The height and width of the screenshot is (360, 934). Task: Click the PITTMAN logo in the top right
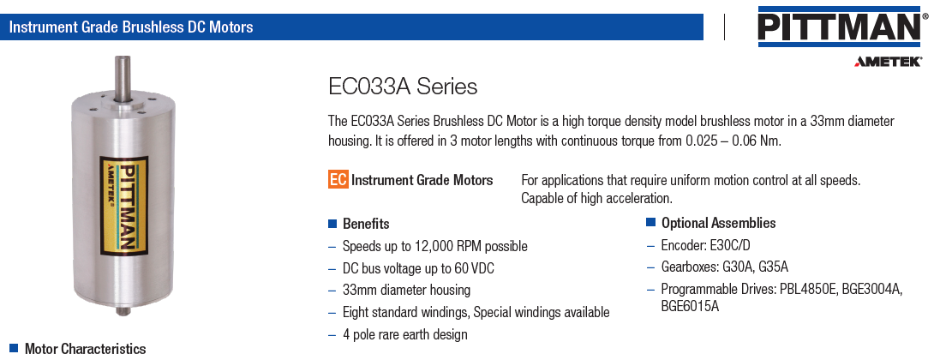(x=843, y=27)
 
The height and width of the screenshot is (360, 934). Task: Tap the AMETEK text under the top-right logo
(x=889, y=62)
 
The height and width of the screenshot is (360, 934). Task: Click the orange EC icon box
(x=338, y=179)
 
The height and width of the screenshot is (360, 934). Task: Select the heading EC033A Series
(x=403, y=87)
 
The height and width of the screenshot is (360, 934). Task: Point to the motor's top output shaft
(x=123, y=77)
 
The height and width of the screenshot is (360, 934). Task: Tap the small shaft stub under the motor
(x=123, y=309)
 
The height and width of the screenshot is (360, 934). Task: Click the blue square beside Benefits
(x=332, y=224)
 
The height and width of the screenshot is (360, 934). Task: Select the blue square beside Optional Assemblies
(x=650, y=223)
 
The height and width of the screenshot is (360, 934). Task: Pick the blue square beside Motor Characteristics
(x=14, y=348)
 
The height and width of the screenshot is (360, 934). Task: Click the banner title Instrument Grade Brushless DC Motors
(x=131, y=27)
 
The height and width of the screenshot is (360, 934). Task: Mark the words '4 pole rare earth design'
(x=405, y=335)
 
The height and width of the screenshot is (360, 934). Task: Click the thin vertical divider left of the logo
(x=724, y=27)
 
